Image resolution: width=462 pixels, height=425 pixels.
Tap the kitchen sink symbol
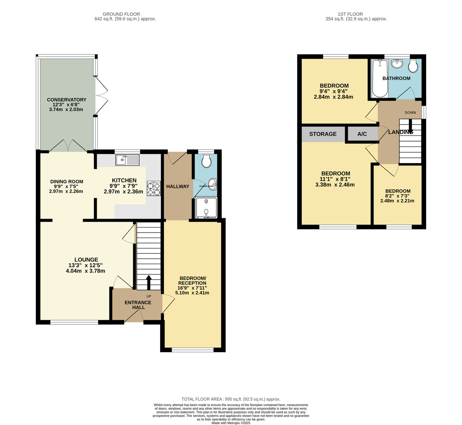click(127, 159)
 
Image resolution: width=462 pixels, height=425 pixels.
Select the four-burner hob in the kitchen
click(153, 189)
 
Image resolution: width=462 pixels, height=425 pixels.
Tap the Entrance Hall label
click(138, 305)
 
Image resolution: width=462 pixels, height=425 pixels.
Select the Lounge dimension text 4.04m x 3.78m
click(85, 271)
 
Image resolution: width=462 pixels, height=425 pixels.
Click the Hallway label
click(177, 186)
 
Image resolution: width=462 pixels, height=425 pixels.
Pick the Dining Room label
click(67, 182)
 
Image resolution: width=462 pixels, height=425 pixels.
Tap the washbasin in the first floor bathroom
click(396, 64)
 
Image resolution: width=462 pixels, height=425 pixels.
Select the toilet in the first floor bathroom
click(413, 66)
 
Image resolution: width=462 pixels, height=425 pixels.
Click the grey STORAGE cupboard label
click(323, 134)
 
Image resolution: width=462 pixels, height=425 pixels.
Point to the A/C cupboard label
click(362, 134)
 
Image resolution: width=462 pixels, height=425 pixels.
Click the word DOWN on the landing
click(410, 113)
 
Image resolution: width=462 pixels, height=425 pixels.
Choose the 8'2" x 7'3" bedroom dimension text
click(398, 196)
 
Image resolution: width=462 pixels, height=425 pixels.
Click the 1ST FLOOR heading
click(356, 14)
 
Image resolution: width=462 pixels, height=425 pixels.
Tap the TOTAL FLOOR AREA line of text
click(231, 399)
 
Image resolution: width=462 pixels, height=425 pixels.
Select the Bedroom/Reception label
click(192, 280)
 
